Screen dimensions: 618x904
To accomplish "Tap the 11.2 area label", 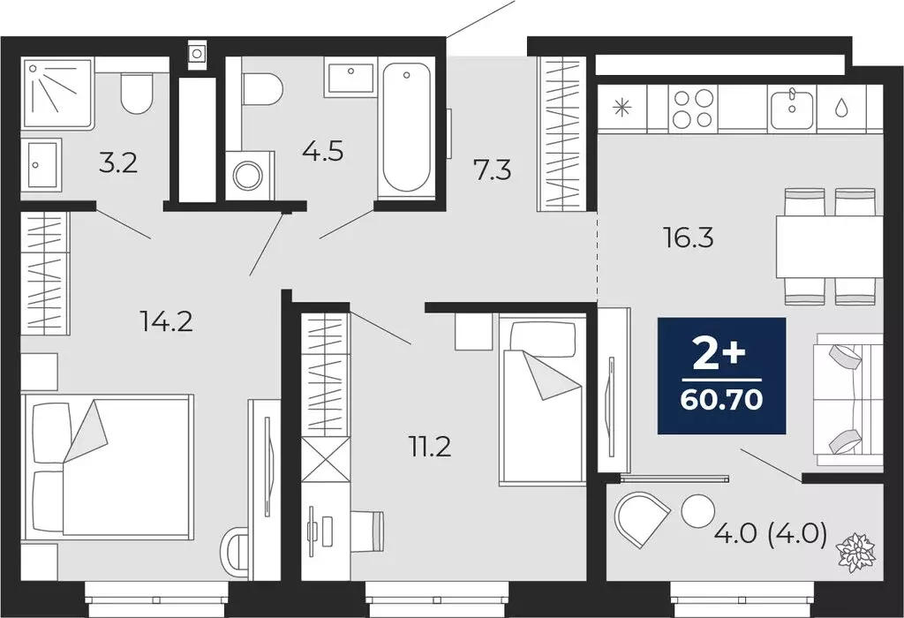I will tap(429, 447).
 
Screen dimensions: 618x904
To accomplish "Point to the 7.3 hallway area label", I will tap(493, 170).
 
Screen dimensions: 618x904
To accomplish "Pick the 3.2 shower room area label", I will tap(117, 163).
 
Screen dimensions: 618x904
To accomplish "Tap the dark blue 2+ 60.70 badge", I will tap(721, 376).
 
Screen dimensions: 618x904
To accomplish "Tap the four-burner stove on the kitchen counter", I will tap(692, 109).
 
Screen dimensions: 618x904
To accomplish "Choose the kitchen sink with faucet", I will tap(792, 109).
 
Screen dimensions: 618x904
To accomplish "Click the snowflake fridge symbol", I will tap(623, 109).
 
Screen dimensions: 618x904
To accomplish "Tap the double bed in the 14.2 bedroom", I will tap(109, 466).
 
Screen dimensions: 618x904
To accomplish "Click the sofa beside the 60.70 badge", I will tap(847, 399).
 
